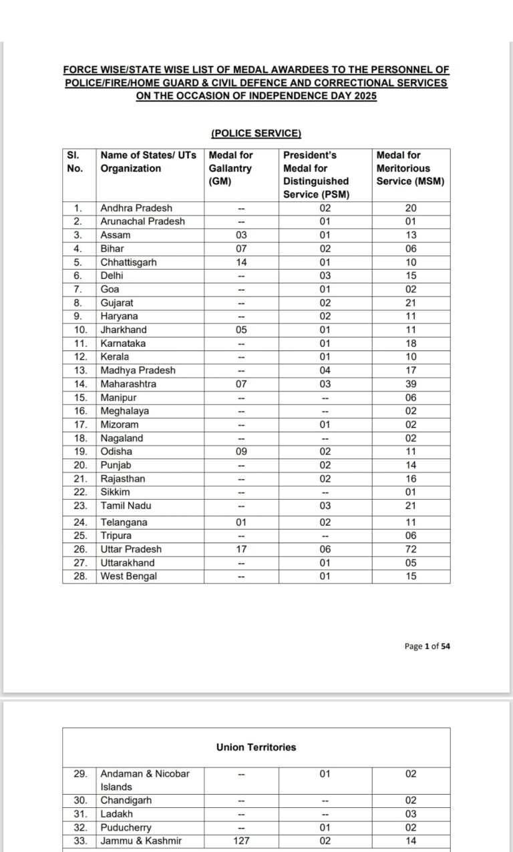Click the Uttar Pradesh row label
coord(131,549)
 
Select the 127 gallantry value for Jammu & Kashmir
coord(241,841)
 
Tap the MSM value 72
coord(411,549)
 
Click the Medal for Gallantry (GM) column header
coord(230,168)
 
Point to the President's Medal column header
coord(316,174)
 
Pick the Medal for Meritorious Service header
coord(410,168)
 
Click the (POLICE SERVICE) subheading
coord(256,133)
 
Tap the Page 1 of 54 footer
coord(427,646)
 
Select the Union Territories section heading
coord(256,747)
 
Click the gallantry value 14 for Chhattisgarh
coord(241,262)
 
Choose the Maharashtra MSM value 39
coord(411,384)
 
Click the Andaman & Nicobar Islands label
coord(145,780)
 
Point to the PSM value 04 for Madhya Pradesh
coord(325,370)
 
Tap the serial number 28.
coord(79,576)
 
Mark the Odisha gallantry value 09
coord(241,452)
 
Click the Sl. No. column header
coord(75,161)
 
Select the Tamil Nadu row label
coord(126,506)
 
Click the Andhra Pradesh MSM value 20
coord(411,208)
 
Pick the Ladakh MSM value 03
coord(411,814)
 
